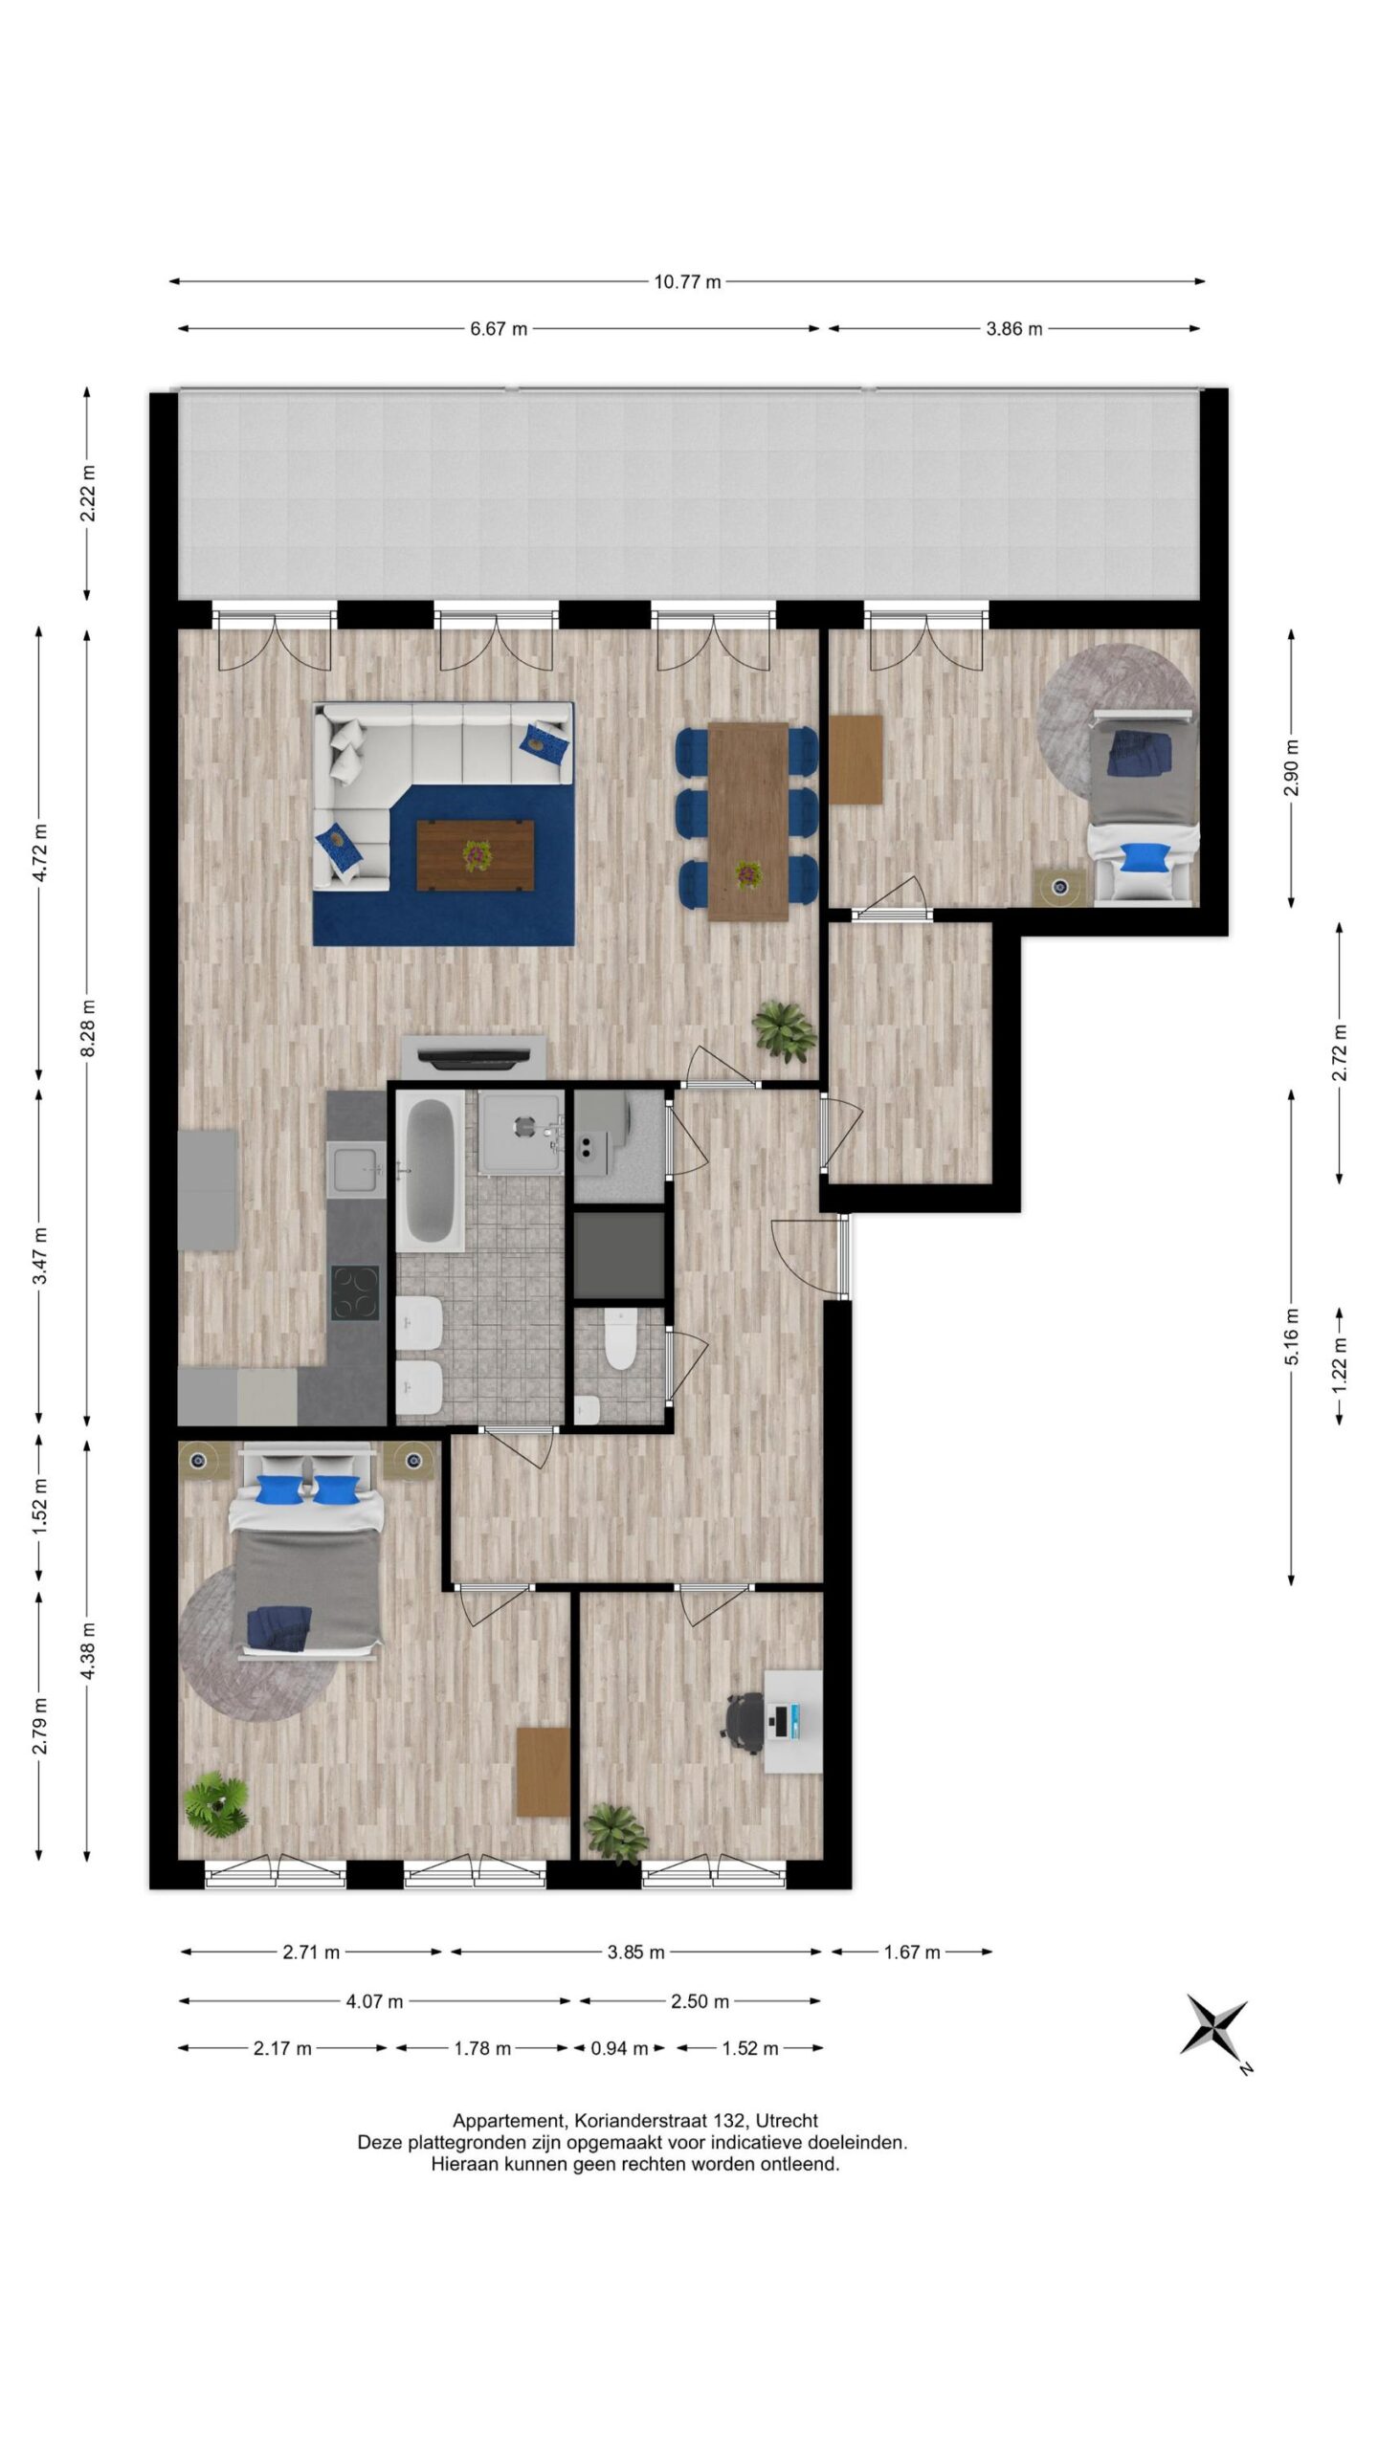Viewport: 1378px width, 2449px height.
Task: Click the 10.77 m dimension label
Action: pyautogui.click(x=687, y=281)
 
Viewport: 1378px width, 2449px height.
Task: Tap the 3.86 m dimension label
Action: pyautogui.click(x=1013, y=329)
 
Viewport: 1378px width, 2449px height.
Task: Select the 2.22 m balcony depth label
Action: pyautogui.click(x=87, y=494)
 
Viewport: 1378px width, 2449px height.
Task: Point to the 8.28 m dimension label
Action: pyautogui.click(x=87, y=1028)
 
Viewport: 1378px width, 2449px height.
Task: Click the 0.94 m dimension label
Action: pyautogui.click(x=618, y=2048)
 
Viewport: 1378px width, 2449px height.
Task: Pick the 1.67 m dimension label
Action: pyautogui.click(x=912, y=1952)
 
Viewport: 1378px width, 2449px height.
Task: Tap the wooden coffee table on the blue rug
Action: pyautogui.click(x=475, y=855)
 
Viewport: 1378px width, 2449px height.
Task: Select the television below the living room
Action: pyautogui.click(x=475, y=1058)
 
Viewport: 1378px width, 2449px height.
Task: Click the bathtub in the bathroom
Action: pyautogui.click(x=431, y=1172)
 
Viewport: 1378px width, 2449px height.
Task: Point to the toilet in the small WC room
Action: pyautogui.click(x=621, y=1340)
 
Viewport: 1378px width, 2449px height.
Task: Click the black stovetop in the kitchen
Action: pyautogui.click(x=355, y=1293)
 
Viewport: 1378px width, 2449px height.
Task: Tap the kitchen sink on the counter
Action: pyautogui.click(x=356, y=1169)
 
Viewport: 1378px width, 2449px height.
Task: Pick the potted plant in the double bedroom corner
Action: pyautogui.click(x=217, y=1804)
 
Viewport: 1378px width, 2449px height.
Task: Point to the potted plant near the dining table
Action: pyautogui.click(x=785, y=1030)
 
